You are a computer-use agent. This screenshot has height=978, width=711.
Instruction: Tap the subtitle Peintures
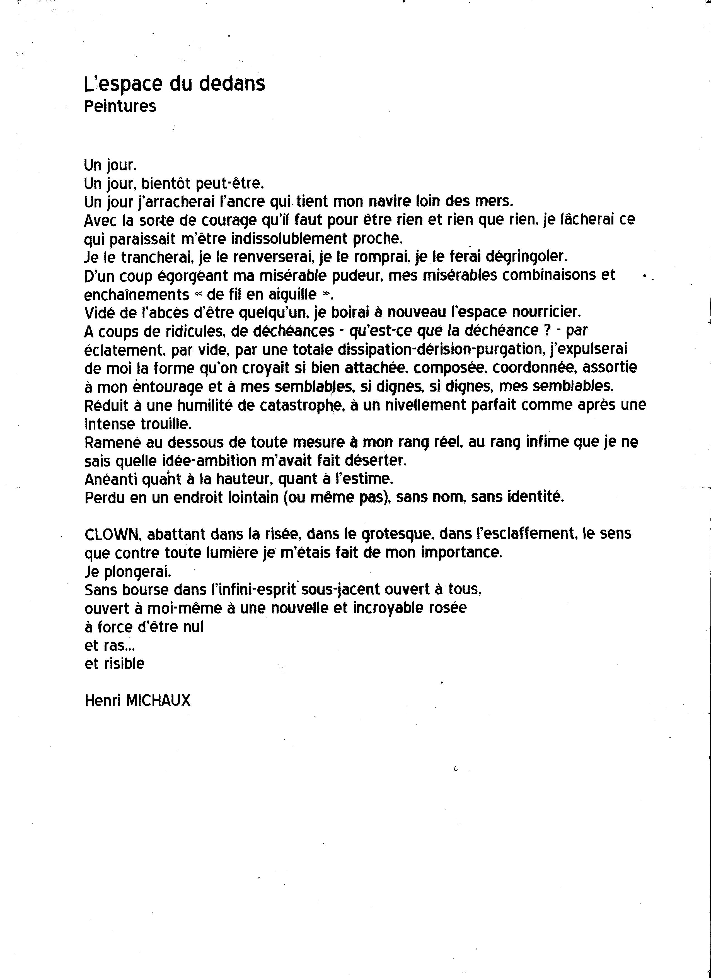pyautogui.click(x=120, y=106)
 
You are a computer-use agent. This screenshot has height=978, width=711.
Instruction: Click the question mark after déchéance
pyautogui.click(x=547, y=331)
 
